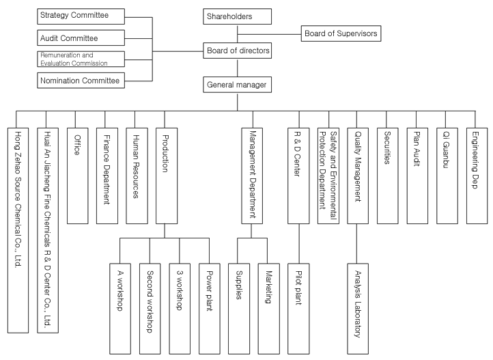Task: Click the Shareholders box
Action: (237, 16)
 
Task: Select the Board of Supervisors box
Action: (339, 33)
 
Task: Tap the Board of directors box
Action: (237, 50)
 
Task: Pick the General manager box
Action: (237, 85)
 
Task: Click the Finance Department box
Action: (107, 175)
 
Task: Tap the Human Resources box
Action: (136, 175)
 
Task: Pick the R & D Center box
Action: (298, 175)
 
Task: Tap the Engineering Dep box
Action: (476, 175)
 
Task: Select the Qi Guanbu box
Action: (447, 175)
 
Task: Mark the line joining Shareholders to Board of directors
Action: (237, 34)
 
